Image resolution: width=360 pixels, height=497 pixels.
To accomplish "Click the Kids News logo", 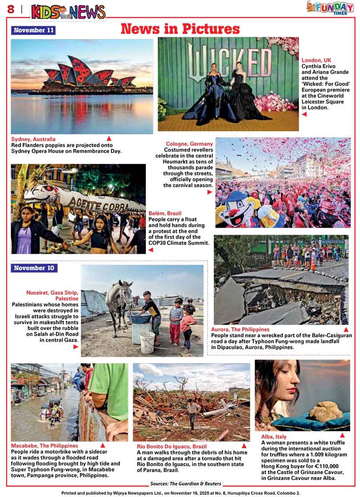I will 68,12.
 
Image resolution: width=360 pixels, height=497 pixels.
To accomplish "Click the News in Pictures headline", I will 180,29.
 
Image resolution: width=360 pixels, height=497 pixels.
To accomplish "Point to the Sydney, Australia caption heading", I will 33,139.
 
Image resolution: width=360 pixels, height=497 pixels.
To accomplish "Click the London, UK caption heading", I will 316,60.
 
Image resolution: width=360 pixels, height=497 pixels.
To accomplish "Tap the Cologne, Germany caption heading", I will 189,144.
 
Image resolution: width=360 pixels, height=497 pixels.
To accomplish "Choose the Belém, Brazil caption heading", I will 165,213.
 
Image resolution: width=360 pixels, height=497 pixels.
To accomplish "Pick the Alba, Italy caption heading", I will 274,437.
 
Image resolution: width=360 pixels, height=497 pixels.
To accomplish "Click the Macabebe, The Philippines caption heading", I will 44,445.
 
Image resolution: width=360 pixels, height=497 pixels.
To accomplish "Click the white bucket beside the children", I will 147,342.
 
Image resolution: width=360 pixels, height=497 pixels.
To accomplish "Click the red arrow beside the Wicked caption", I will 304,114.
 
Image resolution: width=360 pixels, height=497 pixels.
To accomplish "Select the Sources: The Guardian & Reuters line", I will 185,484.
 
